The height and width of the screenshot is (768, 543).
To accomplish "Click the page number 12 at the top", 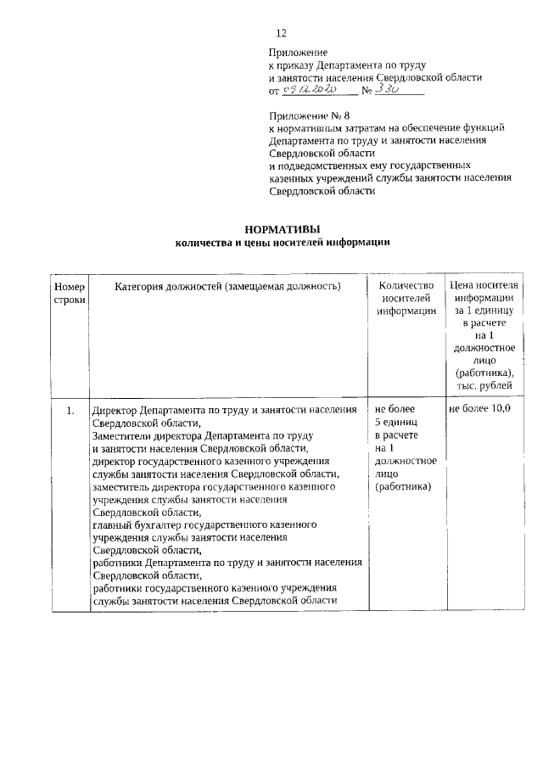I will pos(282,33).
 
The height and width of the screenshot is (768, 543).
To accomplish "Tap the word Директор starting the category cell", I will pos(115,410).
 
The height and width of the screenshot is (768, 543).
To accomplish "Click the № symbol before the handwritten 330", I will pos(367,90).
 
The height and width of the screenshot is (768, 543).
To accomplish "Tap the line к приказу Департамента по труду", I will pos(346,64).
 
